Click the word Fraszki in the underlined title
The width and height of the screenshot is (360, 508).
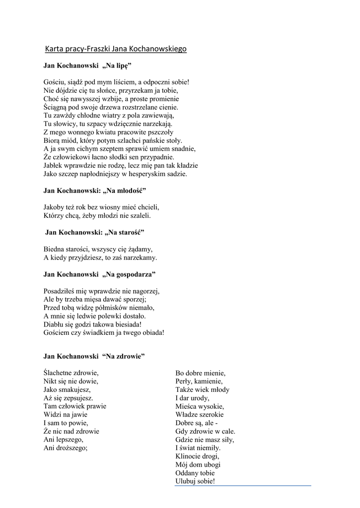[x=98, y=49]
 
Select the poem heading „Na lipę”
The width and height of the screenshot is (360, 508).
[x=117, y=65]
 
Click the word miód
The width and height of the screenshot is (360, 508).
[x=69, y=140]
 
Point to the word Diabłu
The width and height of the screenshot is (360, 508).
[x=54, y=324]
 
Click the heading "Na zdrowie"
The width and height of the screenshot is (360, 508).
[x=123, y=356]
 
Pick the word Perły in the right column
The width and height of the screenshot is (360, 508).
[x=183, y=381]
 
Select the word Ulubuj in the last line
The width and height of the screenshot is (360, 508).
[x=186, y=481]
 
